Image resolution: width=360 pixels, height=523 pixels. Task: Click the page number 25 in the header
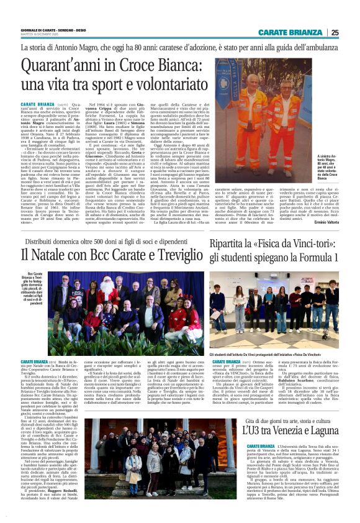pyautogui.click(x=335, y=32)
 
